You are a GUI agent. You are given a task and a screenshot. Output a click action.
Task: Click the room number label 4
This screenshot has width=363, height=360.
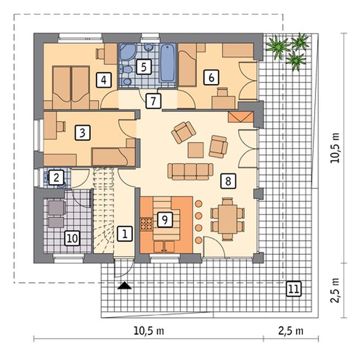pyautogui.click(x=104, y=80)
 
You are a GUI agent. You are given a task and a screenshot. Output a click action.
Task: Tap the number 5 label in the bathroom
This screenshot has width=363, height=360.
pyautogui.click(x=144, y=67)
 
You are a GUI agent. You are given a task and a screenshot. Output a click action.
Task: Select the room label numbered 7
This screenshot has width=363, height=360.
pyautogui.click(x=153, y=101)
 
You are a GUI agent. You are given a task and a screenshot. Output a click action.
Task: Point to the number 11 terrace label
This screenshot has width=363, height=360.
pyautogui.click(x=294, y=289)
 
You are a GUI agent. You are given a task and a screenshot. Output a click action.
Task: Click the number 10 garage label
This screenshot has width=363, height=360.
pyautogui.click(x=73, y=238)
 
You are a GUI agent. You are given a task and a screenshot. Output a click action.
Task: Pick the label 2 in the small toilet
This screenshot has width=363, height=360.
pyautogui.click(x=56, y=178)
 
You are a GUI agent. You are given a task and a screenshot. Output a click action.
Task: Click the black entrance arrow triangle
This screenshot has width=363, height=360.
pyautogui.click(x=124, y=286)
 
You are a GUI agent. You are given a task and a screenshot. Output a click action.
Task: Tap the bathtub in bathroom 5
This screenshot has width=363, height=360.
pyautogui.click(x=167, y=63)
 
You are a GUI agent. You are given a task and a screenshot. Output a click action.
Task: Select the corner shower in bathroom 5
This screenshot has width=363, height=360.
pyautogui.click(x=128, y=53)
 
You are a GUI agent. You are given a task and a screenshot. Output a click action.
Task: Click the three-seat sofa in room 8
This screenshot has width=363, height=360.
pyautogui.click(x=190, y=171)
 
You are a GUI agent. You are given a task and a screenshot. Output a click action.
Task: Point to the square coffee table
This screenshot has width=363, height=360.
pyautogui.click(x=196, y=150)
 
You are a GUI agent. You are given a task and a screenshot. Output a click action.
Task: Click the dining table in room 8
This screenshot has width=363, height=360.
pyautogui.click(x=228, y=219)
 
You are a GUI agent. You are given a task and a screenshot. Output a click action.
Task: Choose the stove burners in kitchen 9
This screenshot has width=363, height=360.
pyautogui.click(x=146, y=223)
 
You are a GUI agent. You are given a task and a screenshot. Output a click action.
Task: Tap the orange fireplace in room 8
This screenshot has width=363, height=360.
pyautogui.click(x=241, y=117)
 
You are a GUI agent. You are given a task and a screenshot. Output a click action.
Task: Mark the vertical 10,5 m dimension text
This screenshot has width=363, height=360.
pyautogui.click(x=335, y=148)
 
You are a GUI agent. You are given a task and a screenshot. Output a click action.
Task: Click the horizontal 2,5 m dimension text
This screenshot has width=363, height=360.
pyautogui.click(x=291, y=331)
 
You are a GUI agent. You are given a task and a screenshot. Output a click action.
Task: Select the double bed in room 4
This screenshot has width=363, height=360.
pyautogui.click(x=71, y=88)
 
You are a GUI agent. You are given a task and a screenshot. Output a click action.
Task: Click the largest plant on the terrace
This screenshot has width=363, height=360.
pyautogui.click(x=278, y=47)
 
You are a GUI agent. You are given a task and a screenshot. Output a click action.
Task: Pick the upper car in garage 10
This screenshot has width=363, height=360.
pyautogui.click(x=57, y=208)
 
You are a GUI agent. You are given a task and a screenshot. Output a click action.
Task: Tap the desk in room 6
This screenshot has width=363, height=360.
pyautogui.click(x=224, y=102)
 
